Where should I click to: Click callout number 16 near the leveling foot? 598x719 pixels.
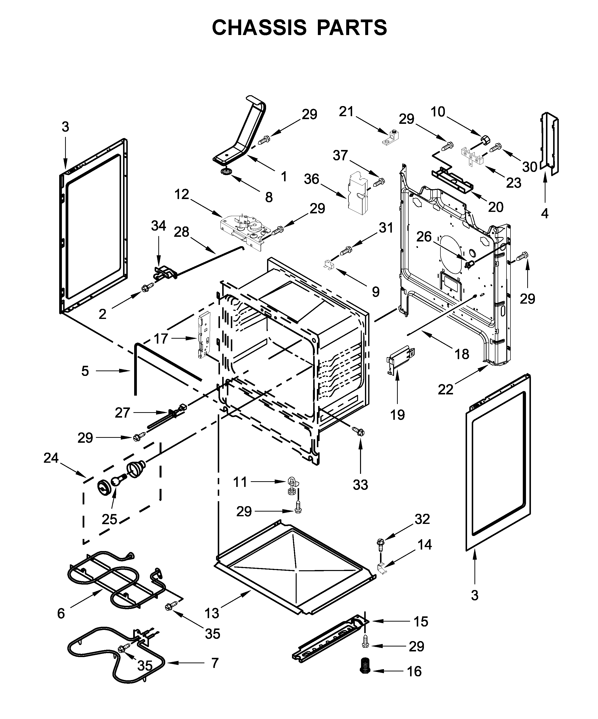point(414,671)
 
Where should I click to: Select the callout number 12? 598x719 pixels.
point(181,194)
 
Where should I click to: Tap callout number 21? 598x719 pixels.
point(346,112)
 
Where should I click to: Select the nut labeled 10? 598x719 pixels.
point(485,139)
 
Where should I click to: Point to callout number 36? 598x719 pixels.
point(311,179)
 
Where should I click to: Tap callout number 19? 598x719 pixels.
point(398,415)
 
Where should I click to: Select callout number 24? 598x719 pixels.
point(51,458)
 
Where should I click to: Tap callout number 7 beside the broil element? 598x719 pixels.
point(215,663)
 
